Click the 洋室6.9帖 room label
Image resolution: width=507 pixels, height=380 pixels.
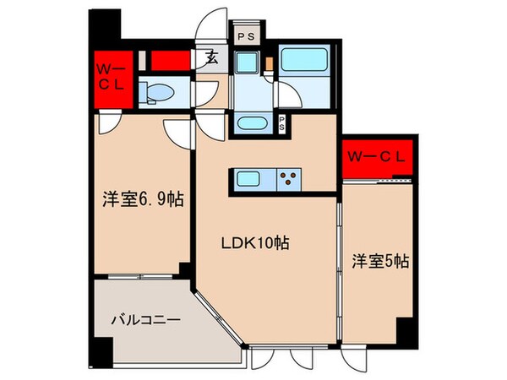point(144,199)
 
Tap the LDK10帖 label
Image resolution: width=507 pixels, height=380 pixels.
point(255,242)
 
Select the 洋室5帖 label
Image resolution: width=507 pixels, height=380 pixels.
point(380,262)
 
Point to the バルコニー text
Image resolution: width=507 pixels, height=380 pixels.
point(145,320)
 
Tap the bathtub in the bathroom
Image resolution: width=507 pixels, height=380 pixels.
point(303,59)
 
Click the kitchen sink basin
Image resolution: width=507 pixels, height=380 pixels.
point(248,179)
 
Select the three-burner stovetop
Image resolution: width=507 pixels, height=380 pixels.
point(289,179)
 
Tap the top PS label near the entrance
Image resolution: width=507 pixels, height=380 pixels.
point(247,36)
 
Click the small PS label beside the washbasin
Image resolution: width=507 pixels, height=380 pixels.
point(282,123)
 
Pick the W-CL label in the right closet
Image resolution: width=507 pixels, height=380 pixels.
point(376,157)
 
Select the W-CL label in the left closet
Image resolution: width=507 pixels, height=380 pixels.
point(112,77)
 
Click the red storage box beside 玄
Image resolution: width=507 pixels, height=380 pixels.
point(171,61)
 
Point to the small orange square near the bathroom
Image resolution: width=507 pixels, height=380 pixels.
point(270,63)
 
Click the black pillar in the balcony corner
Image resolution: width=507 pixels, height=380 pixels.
point(103,352)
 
